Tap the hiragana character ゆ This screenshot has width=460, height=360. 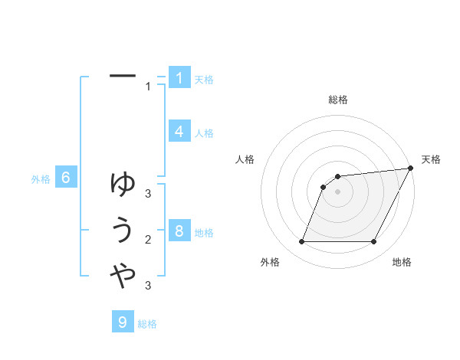point(123,184)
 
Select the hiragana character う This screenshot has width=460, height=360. point(123,231)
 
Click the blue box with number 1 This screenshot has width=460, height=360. point(179,77)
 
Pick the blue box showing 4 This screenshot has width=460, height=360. point(179,131)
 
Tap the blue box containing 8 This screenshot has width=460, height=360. point(179,231)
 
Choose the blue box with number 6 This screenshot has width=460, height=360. point(66,178)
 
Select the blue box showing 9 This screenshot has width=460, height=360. point(123,322)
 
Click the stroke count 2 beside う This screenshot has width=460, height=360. point(148,240)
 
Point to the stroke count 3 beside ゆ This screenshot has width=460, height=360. point(148,194)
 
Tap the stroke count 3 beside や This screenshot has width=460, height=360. point(148,286)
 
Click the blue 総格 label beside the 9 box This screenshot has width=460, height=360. point(147,324)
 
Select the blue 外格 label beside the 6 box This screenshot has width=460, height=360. point(41,179)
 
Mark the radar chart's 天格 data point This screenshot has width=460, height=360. point(410,169)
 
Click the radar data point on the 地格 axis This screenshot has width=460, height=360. point(374,242)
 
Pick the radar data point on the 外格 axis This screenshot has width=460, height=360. point(301,242)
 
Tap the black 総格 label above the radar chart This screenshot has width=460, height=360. point(337,100)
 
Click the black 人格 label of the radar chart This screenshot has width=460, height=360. point(245,159)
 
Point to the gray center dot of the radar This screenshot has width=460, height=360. point(337,191)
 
